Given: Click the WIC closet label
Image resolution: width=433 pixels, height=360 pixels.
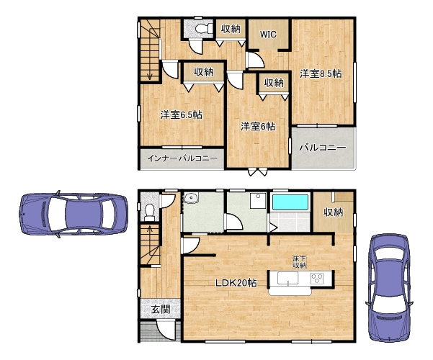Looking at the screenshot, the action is pyautogui.click(x=268, y=35).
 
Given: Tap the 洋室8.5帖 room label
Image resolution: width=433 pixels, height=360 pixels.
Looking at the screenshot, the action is pyautogui.click(x=321, y=73).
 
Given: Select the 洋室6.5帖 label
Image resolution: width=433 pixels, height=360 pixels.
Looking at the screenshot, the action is pyautogui.click(x=181, y=114).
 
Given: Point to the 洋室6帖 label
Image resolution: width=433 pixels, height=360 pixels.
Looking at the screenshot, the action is pyautogui.click(x=258, y=127).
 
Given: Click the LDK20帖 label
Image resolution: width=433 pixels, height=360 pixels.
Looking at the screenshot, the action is pyautogui.click(x=236, y=282).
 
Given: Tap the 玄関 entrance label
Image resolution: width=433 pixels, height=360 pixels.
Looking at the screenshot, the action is pyautogui.click(x=161, y=309).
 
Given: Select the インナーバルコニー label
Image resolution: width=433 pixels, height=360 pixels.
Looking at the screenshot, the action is pyautogui.click(x=182, y=158).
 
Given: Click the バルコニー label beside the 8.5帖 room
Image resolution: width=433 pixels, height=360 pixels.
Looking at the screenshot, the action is pyautogui.click(x=323, y=147).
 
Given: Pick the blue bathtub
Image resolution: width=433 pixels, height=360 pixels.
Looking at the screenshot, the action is pyautogui.click(x=290, y=202).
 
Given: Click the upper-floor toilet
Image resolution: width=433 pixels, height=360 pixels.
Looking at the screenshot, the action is pyautogui.click(x=203, y=28).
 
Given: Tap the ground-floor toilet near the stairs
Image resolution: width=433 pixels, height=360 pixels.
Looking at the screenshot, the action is pyautogui.click(x=150, y=212).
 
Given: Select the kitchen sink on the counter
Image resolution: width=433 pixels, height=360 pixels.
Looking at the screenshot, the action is pyautogui.click(x=287, y=279).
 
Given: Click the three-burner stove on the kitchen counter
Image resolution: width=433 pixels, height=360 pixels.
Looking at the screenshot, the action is pyautogui.click(x=317, y=279).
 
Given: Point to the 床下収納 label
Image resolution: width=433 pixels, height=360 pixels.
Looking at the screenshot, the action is pyautogui.click(x=300, y=262).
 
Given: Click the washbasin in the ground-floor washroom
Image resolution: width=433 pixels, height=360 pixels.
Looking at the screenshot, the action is pyautogui.click(x=191, y=198).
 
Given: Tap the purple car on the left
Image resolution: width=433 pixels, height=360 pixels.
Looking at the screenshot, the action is pyautogui.click(x=73, y=215).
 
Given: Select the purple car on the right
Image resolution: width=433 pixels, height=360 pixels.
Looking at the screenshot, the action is pyautogui.click(x=389, y=288).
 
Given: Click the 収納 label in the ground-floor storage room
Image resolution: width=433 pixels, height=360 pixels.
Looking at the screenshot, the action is pyautogui.click(x=334, y=212).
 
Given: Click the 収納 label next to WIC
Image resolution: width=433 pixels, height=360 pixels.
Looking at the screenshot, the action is pyautogui.click(x=231, y=29).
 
